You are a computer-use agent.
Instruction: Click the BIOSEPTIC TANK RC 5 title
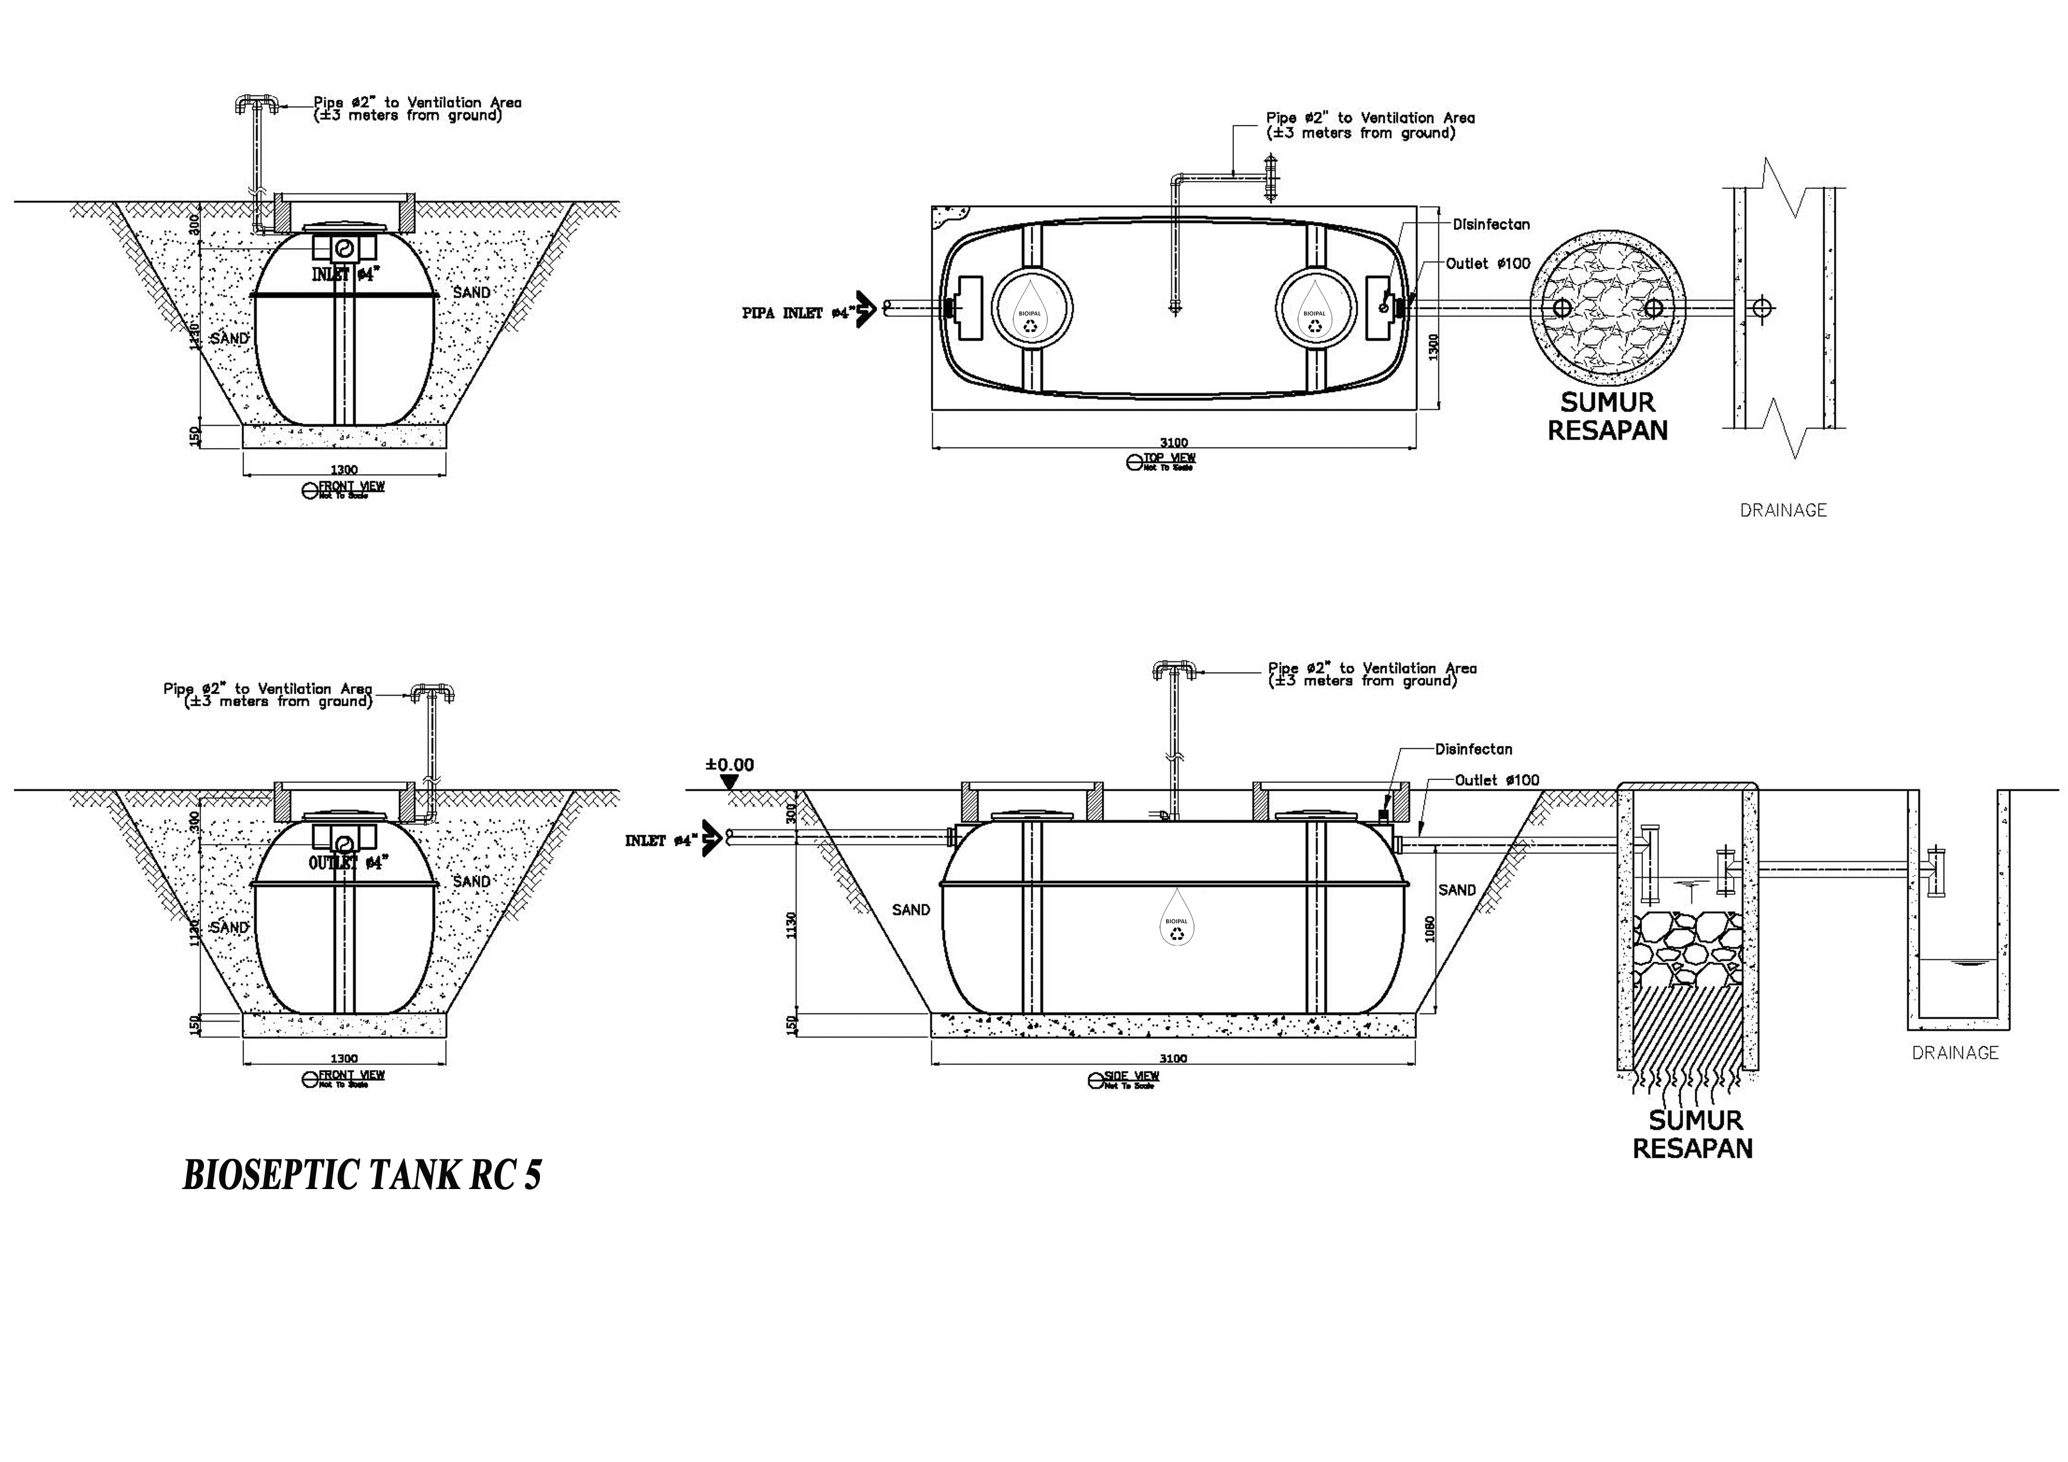[362, 1175]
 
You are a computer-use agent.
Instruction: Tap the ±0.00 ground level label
[730, 765]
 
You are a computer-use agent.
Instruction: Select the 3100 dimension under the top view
[1174, 442]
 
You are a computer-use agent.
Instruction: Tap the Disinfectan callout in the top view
[1491, 224]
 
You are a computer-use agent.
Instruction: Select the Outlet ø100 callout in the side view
[1497, 780]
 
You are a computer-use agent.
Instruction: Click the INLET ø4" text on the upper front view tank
[343, 275]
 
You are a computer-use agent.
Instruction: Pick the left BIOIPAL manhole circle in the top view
[1032, 308]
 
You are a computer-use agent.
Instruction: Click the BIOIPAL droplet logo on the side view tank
[1176, 919]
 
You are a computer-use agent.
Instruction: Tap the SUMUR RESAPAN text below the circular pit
[1608, 416]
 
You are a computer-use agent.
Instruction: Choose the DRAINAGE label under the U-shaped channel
[1954, 1052]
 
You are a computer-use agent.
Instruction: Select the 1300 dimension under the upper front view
[344, 469]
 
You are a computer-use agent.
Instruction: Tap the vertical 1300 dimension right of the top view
[1433, 347]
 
